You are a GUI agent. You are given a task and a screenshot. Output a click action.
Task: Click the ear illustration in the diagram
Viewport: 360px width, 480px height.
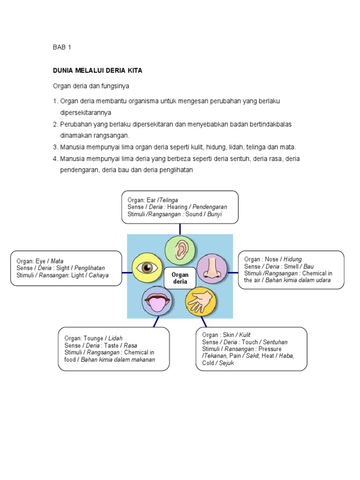pos(180,250)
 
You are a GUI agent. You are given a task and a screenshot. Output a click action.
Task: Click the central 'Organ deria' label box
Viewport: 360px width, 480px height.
pos(180,278)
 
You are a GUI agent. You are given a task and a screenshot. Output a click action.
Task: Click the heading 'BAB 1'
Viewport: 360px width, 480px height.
pos(61,47)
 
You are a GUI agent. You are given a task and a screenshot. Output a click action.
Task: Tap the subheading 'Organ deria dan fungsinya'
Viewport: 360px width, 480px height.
pos(90,86)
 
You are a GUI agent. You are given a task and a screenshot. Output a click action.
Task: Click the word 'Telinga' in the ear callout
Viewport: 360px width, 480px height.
pos(169,200)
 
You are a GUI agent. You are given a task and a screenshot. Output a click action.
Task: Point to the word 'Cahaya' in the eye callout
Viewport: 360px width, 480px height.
pos(98,276)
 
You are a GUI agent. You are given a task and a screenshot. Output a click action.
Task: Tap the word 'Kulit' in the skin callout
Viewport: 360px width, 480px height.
pos(245,335)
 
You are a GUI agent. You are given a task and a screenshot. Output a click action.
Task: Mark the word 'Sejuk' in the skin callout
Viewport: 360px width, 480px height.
pos(225,363)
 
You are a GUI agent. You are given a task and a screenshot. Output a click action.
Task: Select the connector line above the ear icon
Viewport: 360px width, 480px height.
pos(180,229)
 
